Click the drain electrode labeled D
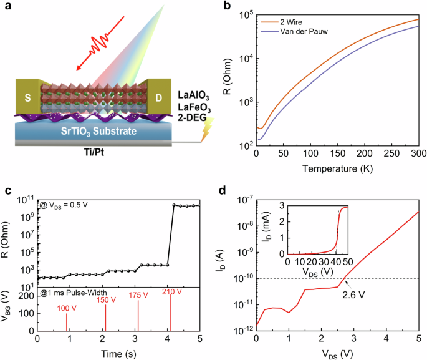159,97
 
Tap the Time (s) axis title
118,354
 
